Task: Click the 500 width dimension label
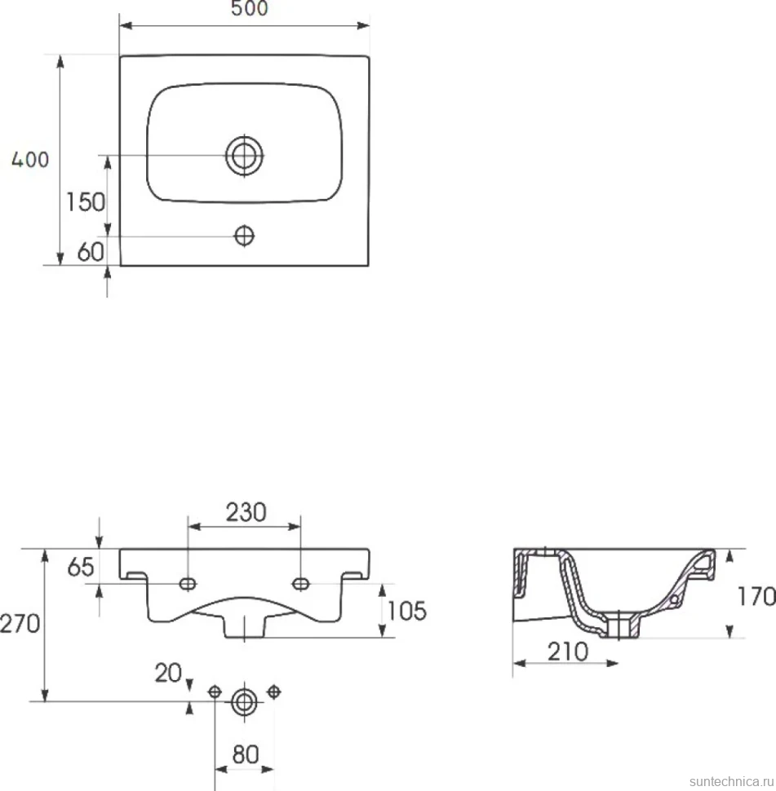click(250, 8)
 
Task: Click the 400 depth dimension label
click(30, 160)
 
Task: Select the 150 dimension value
click(86, 202)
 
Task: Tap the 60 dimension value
click(91, 252)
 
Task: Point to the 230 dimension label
click(246, 513)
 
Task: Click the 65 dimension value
click(81, 567)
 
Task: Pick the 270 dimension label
click(20, 624)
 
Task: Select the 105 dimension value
click(407, 611)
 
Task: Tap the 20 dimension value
click(168, 673)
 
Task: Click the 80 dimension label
click(246, 754)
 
